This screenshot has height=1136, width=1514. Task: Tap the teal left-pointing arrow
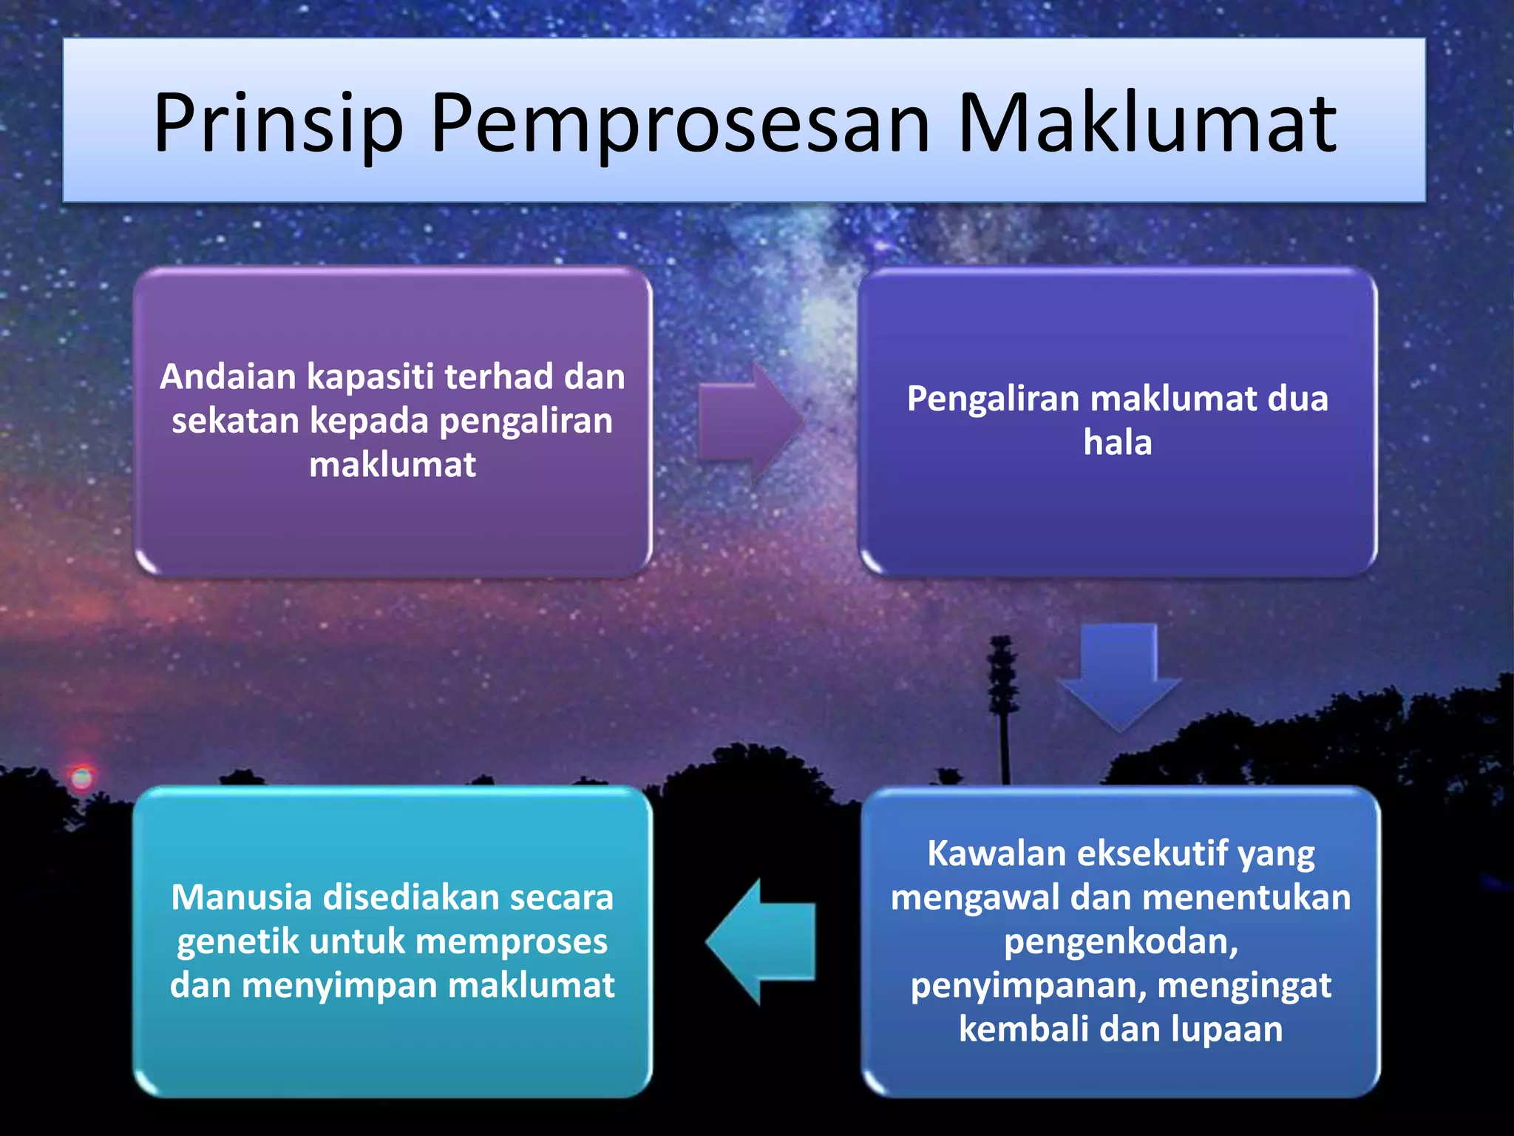(761, 942)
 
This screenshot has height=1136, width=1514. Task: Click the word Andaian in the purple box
(228, 376)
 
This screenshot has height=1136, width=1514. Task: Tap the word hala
(1117, 442)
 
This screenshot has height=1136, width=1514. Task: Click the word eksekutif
(1150, 853)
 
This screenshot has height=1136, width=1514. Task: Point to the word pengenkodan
(1120, 941)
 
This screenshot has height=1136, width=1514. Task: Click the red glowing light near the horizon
(81, 777)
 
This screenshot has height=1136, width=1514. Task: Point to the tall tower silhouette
(1003, 703)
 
